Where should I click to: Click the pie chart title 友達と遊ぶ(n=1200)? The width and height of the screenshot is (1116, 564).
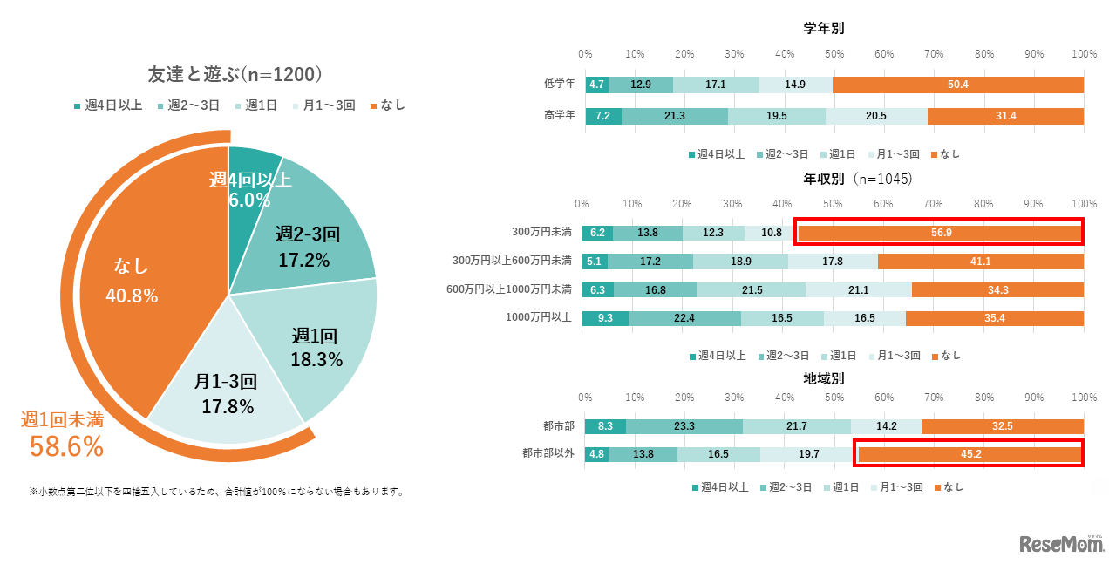[235, 75]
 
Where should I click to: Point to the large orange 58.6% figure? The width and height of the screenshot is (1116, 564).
[66, 446]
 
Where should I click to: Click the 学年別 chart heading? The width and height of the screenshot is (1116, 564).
[824, 29]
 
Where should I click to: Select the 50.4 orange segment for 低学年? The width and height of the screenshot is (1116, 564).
[958, 85]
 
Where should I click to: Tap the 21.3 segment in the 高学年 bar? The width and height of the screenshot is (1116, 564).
[674, 116]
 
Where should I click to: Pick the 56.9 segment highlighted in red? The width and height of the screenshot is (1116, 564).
[940, 233]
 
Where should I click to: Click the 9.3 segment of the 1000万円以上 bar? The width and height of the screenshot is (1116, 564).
[606, 318]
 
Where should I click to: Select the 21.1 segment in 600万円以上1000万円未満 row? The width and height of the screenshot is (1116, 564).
[858, 289]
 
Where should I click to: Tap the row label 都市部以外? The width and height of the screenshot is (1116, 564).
[548, 453]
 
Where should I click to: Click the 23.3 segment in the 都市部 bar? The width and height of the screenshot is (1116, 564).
[684, 426]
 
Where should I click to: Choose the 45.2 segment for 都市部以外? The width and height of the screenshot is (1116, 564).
[970, 453]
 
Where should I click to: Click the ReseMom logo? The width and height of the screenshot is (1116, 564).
[1061, 543]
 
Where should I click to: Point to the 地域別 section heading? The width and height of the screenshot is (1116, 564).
[824, 378]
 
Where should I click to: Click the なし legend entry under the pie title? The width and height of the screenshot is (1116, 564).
[388, 105]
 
